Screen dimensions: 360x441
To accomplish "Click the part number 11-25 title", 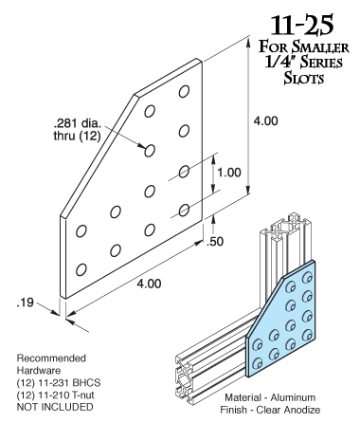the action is pos(301,26).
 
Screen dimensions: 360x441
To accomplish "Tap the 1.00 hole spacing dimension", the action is pos(229,173).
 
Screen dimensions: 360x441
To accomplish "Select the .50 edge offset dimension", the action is pos(215,242).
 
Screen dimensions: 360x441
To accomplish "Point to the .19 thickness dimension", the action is pos(25,303).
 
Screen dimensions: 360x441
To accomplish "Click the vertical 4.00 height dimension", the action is pos(266,121).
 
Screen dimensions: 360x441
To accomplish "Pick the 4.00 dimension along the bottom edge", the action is pos(149,284).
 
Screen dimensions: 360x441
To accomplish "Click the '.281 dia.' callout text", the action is pos(78,123).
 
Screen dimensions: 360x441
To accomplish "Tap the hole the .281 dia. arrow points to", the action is pos(150,151).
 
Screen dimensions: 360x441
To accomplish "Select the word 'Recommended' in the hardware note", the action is pos(51,358).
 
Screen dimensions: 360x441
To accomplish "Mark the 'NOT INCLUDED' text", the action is pos(55,407).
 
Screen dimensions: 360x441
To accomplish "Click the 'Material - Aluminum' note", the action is pos(270,397).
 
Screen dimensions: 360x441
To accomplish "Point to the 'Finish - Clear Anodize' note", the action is pos(270,410).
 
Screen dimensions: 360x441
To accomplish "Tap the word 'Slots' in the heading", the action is pos(304,78).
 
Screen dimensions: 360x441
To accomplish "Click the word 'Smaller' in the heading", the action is pos(320,47).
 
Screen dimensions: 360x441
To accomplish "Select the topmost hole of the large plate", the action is pos(184,91).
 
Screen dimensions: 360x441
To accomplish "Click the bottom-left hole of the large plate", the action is pos(81,269).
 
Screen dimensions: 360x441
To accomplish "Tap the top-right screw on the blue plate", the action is pos(307,278).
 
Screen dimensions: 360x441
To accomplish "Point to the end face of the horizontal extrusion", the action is pos(184,379).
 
